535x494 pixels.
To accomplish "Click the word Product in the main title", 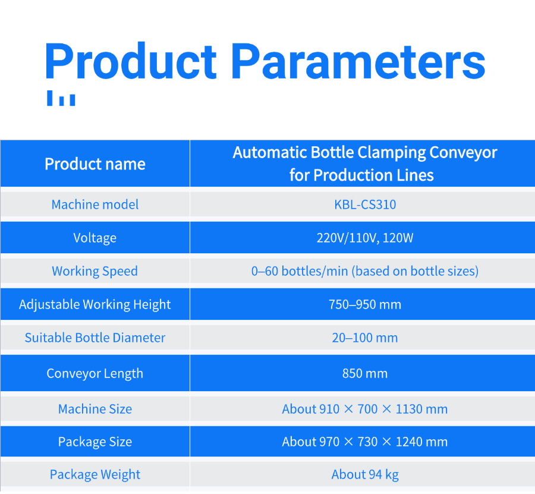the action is pos(130,61).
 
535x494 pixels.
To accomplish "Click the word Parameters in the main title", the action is pos(358,61).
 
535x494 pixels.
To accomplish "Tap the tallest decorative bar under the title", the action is pos(49,98).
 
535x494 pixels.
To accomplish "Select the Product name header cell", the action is pos(95,163).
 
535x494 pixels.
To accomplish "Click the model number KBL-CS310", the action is pos(365,204).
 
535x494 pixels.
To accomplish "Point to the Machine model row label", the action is pos(95,204).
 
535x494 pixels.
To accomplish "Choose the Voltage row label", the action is pos(95,238).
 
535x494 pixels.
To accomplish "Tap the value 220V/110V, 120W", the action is pos(365,238).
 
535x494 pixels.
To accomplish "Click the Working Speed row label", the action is pos(95,271).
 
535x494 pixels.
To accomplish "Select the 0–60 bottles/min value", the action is pos(365,271).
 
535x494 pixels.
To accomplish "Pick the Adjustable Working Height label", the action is pos(95,304).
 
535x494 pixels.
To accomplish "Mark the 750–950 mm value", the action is pos(365,304).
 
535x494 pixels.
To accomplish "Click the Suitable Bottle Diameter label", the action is pos(95,338).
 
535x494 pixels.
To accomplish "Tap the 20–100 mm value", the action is pos(365,338).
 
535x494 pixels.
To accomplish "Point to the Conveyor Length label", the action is pos(95,373).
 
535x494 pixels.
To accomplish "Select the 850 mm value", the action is pos(365,373).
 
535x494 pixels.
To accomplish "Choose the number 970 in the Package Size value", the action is pos(329,442).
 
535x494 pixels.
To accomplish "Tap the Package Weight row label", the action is pos(95,474).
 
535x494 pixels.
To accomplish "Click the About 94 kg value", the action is pos(365,474).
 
